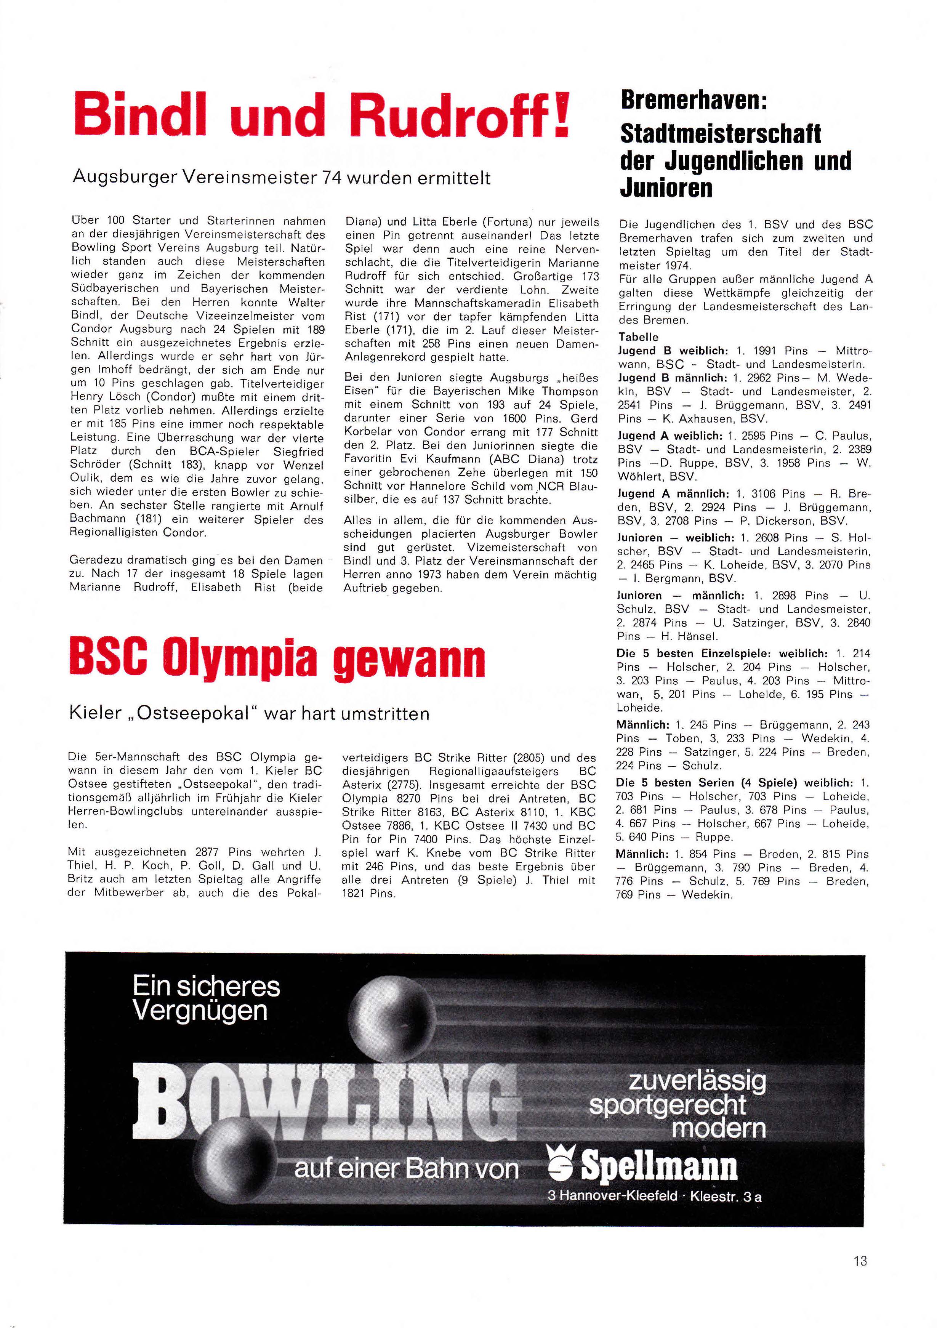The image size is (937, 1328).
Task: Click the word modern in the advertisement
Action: pyautogui.click(x=719, y=1128)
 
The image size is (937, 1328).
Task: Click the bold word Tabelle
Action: pyautogui.click(x=638, y=336)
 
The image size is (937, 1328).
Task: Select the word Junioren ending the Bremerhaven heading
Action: pyautogui.click(x=666, y=187)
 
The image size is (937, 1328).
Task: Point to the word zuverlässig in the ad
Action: pyautogui.click(x=697, y=1080)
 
